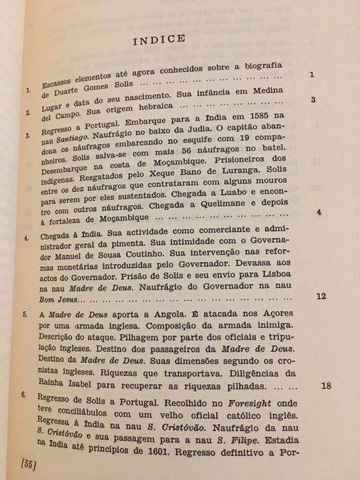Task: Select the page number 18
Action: [326, 385]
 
